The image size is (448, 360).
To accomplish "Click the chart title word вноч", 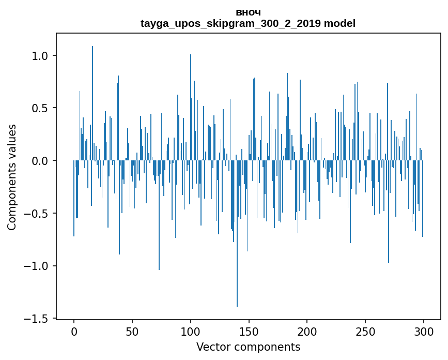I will tap(248, 12).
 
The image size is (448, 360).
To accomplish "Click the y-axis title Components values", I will tap(12, 177).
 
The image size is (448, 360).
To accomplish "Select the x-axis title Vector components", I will tap(248, 347).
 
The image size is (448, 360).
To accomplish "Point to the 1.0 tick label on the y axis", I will tap(40, 56).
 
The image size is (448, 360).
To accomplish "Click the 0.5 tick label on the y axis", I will tap(40, 108).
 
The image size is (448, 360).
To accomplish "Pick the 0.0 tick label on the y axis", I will tap(40, 161).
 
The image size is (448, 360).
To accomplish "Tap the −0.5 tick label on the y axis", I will tap(37, 214).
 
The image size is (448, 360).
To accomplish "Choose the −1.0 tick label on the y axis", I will tap(37, 266).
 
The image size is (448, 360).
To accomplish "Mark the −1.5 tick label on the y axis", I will tap(37, 319).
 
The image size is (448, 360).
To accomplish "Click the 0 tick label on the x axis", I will tap(74, 332).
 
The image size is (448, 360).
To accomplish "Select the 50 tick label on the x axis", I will tap(132, 332).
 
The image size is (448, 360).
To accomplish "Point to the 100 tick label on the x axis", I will tap(191, 332).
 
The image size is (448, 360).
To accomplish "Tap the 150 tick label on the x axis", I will tap(249, 332).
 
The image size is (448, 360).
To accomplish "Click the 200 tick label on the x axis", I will tap(307, 332).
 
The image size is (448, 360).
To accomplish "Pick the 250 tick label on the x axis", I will tap(365, 332).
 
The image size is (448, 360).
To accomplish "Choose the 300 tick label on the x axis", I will tap(424, 332).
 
